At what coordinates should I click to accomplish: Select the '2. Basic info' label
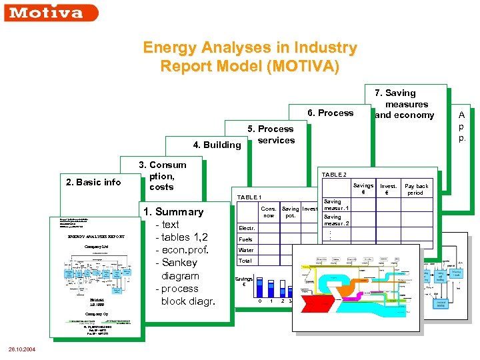pos(93,182)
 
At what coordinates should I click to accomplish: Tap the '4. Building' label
pos(217,145)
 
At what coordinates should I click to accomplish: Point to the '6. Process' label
pos(330,113)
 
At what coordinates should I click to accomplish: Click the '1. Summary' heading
pos(173,212)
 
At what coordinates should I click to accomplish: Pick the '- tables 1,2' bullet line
pos(181,237)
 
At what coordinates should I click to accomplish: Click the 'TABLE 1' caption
pos(249,197)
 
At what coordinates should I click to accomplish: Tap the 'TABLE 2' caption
pos(334,174)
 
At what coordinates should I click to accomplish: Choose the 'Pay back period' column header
pos(417,189)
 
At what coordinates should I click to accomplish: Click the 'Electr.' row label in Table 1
pos(246,228)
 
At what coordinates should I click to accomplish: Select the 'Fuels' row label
pos(245,239)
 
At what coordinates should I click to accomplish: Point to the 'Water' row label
pos(245,250)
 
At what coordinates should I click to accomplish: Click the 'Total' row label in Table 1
pos(245,261)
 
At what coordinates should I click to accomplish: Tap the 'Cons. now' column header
pos(269,212)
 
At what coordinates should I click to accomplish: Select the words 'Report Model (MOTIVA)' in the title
pos(249,67)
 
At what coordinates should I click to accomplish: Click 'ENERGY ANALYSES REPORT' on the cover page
pos(96,237)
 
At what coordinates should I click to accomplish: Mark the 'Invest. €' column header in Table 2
pos(388,189)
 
